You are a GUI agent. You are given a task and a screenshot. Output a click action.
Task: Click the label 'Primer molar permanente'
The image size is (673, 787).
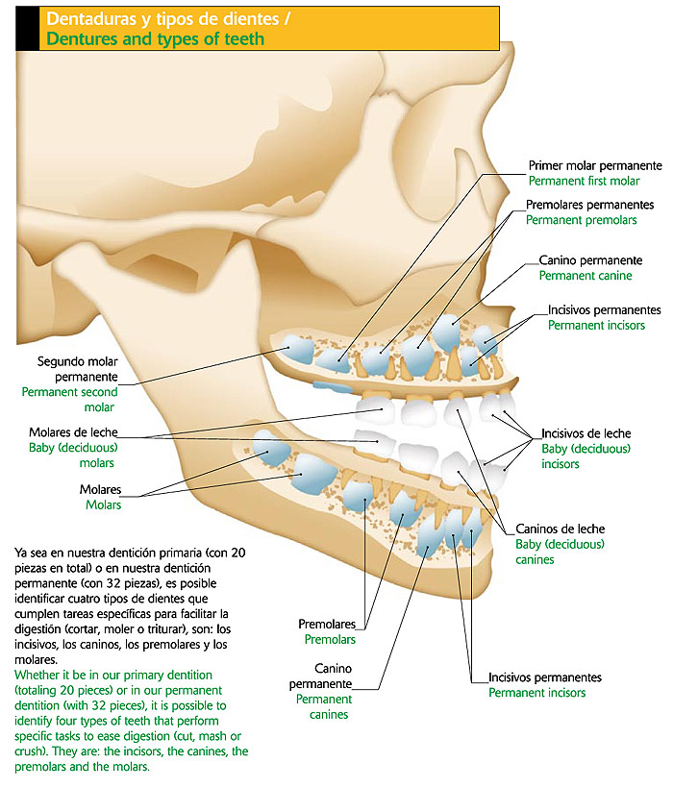[595, 165]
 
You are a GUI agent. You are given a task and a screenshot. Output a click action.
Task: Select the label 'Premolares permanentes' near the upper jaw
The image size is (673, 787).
[590, 205]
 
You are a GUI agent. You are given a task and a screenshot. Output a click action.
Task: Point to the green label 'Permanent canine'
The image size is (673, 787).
[586, 275]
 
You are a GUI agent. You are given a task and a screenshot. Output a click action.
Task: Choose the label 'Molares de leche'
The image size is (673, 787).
[73, 432]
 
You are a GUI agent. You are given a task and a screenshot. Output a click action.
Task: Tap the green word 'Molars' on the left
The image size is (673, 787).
[103, 504]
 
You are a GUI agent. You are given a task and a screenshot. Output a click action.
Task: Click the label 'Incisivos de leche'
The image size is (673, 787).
[586, 433]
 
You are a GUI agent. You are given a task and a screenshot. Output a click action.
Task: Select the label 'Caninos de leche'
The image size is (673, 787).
[561, 529]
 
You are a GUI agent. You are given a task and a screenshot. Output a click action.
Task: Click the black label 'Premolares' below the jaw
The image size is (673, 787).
[328, 624]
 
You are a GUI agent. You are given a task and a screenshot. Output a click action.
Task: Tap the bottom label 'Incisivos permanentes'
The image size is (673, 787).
[545, 676]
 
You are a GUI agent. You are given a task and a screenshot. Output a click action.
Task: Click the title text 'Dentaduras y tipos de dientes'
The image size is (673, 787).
[162, 19]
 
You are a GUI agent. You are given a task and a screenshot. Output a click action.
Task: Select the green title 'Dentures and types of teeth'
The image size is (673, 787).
[155, 39]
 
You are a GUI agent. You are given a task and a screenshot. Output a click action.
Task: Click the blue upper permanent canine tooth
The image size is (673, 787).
[446, 332]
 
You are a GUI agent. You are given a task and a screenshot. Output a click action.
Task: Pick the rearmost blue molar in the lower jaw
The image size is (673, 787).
[270, 446]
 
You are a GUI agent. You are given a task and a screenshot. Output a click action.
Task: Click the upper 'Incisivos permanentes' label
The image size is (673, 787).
[604, 310]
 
